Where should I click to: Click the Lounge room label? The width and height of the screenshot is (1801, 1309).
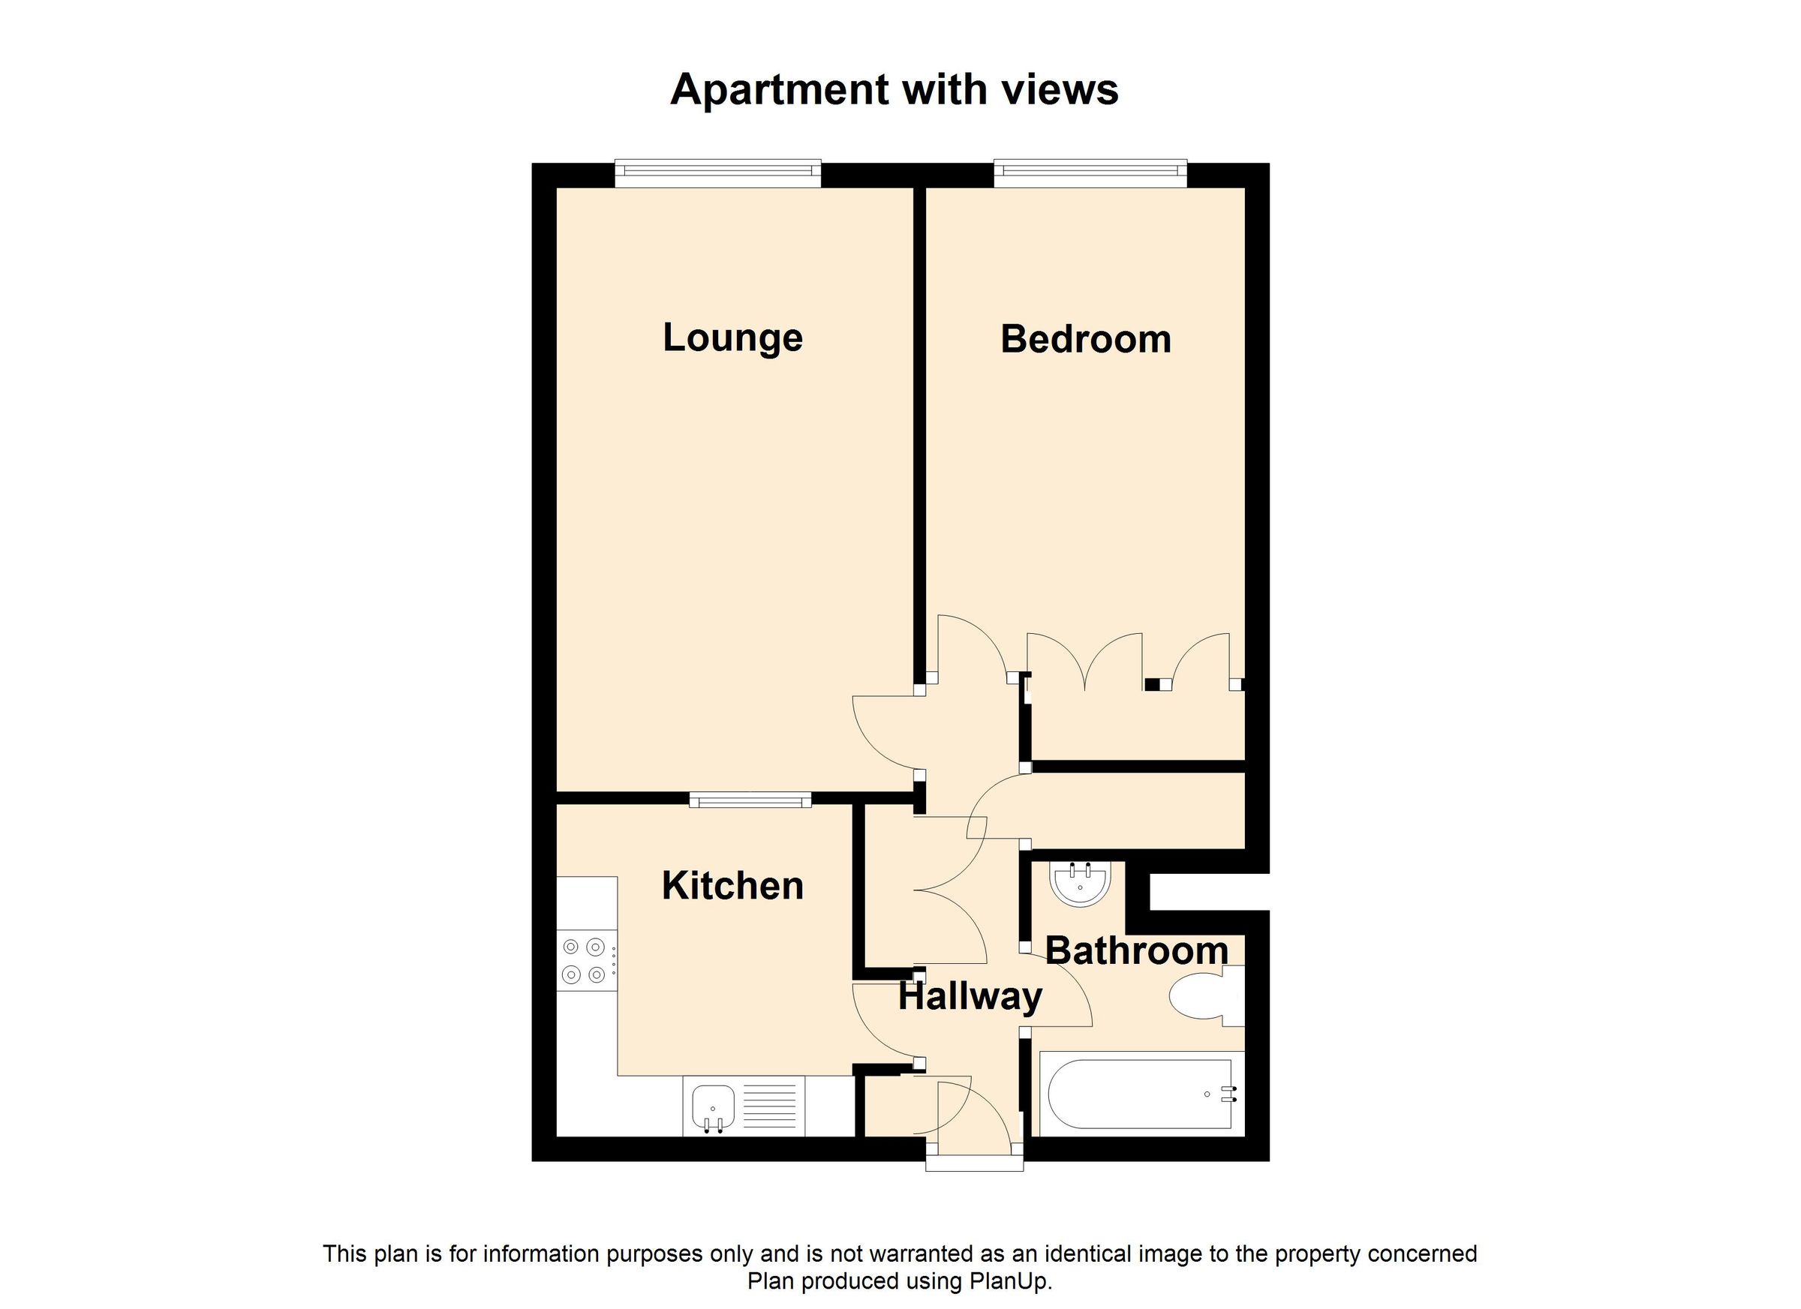coord(732,338)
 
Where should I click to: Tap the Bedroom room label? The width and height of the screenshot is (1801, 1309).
coord(1085,340)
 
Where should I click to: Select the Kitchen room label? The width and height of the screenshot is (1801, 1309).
coord(732,886)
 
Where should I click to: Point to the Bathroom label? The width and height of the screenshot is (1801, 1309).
coord(1136,950)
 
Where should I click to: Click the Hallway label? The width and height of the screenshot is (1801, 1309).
coord(970,996)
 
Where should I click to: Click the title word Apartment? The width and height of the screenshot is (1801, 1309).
coord(779,89)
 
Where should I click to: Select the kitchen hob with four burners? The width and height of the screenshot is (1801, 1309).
coord(586,959)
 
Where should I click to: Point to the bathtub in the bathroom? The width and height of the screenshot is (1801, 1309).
coord(1140,1094)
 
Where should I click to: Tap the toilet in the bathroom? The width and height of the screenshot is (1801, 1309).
coord(1201,996)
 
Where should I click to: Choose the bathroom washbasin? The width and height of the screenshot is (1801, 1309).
coord(1079,883)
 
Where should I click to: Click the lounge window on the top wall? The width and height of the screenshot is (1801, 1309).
coord(717,173)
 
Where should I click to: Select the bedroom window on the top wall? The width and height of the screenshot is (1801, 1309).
coord(1090,173)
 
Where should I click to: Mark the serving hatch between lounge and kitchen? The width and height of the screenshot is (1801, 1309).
coord(750,800)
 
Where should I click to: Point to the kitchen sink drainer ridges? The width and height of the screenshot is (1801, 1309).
coord(769,1106)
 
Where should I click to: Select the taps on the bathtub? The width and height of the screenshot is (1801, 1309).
coord(1228,1094)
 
